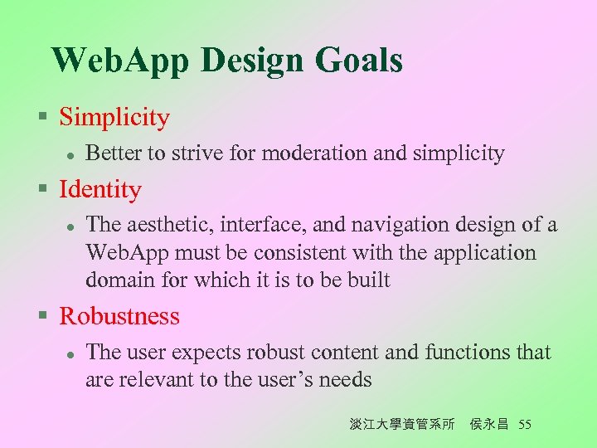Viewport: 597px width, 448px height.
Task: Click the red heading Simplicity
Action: [114, 118]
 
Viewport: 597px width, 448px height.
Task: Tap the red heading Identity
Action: [100, 190]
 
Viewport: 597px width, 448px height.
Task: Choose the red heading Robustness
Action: [119, 316]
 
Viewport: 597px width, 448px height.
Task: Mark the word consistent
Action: [342, 252]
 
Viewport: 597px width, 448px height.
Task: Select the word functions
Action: [468, 353]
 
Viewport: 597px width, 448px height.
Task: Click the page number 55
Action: [524, 425]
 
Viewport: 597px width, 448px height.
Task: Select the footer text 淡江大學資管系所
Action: [402, 425]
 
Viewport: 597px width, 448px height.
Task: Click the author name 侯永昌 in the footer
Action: [490, 425]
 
